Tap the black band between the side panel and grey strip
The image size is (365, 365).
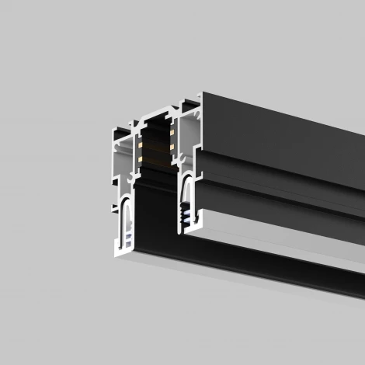[x=280, y=198]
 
